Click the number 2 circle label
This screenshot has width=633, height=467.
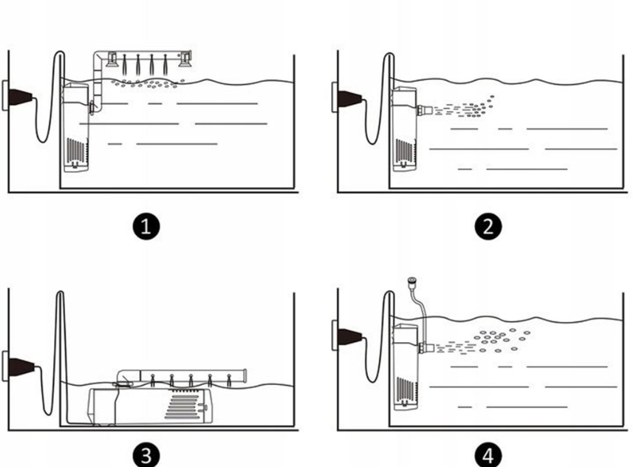[487, 226]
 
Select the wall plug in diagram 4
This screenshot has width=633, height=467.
[348, 336]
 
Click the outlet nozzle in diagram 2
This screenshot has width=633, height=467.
[424, 112]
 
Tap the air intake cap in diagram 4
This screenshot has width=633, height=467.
[411, 281]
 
